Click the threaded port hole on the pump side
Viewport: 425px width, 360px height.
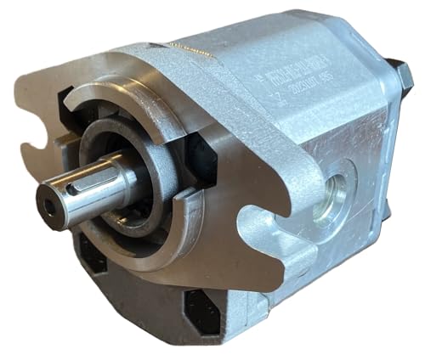coord(335,191)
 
